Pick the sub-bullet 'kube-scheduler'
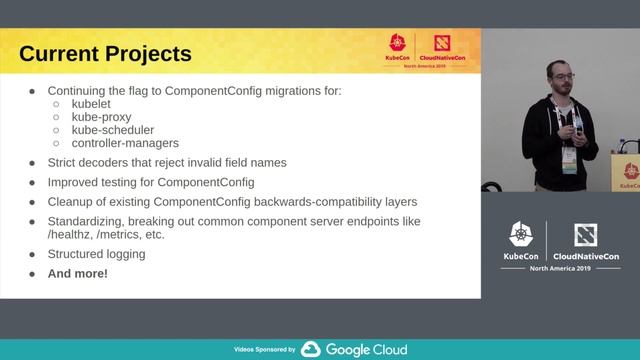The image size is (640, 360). (113, 130)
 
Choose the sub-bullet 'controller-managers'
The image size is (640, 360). (125, 143)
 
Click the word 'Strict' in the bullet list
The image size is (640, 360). (64, 162)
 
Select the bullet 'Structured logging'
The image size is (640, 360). (96, 254)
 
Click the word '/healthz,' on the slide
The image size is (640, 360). (76, 235)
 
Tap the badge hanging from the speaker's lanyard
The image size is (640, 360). (569, 160)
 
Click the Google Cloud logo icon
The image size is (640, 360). (310, 349)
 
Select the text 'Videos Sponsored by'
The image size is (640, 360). (264, 350)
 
